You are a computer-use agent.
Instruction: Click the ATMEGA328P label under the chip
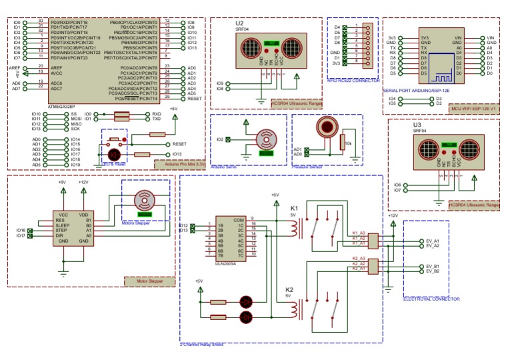click(x=66, y=105)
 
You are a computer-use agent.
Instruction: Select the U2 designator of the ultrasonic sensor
click(x=240, y=23)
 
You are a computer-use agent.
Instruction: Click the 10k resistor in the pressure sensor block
click(x=341, y=144)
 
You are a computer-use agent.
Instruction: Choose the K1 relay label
click(x=293, y=209)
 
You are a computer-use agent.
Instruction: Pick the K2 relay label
click(x=289, y=290)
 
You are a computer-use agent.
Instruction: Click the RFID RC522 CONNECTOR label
click(x=353, y=81)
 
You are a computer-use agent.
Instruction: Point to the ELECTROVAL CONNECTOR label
click(x=431, y=299)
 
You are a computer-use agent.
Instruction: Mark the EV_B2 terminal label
click(x=433, y=272)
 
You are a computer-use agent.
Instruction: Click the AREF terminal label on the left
click(x=14, y=68)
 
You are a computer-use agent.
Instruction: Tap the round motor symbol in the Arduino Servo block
click(x=267, y=139)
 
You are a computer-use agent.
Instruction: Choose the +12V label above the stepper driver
click(x=83, y=182)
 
